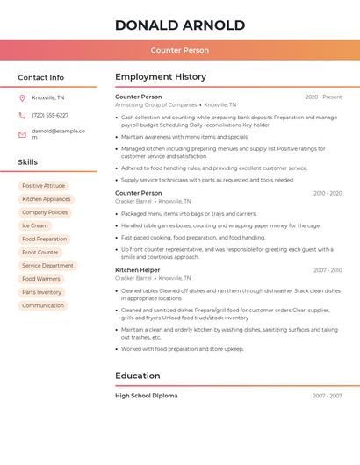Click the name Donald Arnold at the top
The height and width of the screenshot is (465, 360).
coord(179,25)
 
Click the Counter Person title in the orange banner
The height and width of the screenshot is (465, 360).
coord(179,50)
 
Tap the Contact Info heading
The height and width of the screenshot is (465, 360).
coord(41,77)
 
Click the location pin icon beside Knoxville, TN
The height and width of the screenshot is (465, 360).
coord(22,97)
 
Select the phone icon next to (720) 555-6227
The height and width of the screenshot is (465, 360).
coord(22,115)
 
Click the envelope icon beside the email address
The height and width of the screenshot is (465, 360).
coord(22,133)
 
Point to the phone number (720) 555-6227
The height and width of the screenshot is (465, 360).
coord(50,115)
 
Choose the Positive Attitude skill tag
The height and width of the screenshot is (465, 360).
coord(43,186)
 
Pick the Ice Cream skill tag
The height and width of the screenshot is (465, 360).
coord(34,225)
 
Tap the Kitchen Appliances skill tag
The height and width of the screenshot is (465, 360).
coord(47,199)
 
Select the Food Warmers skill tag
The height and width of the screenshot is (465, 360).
coord(41,279)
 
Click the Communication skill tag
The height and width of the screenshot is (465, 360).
coord(43,305)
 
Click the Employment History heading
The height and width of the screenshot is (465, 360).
coord(161,77)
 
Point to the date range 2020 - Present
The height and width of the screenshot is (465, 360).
coord(323,97)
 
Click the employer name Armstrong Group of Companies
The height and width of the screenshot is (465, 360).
coord(155,104)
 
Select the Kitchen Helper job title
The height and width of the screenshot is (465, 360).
coord(138,270)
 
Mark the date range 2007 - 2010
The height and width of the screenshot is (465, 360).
coord(328,270)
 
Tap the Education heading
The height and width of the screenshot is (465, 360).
coord(138,376)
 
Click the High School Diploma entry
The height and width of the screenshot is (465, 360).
coord(146,396)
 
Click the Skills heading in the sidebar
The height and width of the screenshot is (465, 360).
coord(28,162)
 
